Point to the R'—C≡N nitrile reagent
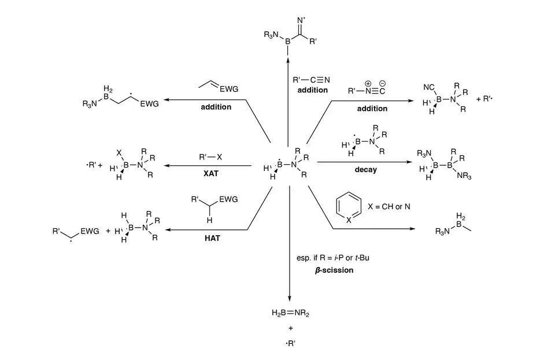(x=312, y=80)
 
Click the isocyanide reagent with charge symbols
(x=367, y=91)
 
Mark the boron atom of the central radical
(x=279, y=165)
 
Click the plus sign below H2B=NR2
(x=290, y=329)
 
